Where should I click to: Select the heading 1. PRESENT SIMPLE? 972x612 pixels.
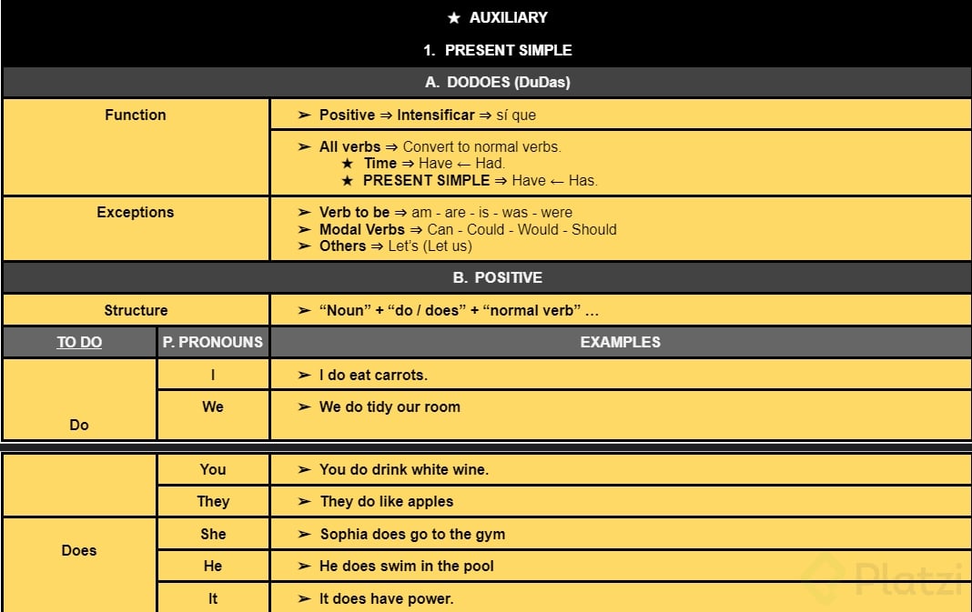498,50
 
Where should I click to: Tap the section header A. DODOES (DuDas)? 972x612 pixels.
498,82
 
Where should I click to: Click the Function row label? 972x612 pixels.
136,115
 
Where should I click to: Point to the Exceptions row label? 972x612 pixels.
136,212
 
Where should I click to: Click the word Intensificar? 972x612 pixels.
436,115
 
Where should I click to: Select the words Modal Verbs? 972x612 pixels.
361,229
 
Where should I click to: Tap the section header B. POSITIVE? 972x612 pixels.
498,277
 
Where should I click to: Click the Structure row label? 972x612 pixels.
136,310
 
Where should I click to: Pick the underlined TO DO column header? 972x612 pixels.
79,342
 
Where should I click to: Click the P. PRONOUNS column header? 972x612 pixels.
213,342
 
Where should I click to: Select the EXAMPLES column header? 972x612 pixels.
621,342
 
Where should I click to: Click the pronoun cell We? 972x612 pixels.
213,406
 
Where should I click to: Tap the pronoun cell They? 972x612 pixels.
213,501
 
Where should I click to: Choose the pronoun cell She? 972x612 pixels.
213,534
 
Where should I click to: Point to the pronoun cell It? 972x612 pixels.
213,598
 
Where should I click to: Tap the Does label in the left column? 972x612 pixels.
79,550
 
